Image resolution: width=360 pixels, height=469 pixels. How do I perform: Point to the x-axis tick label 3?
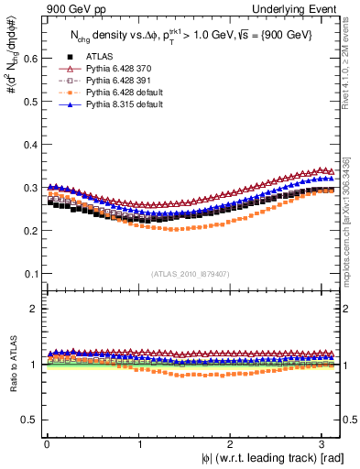(324, 444)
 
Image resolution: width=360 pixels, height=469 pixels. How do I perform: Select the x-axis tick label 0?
(46, 444)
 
